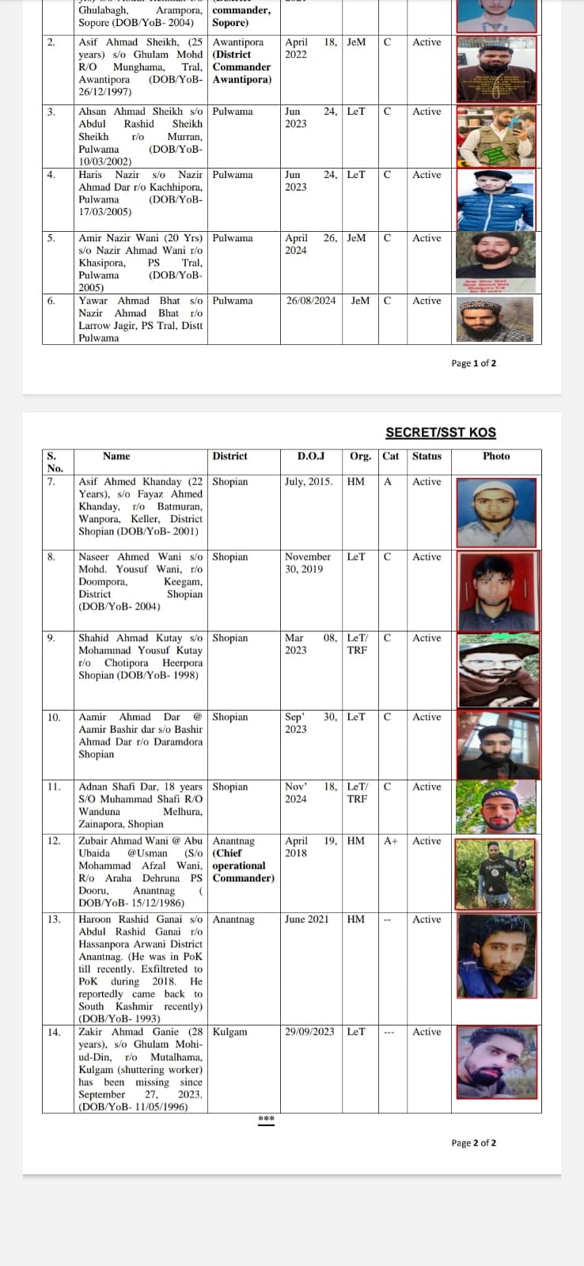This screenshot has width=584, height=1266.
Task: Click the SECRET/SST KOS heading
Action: [441, 432]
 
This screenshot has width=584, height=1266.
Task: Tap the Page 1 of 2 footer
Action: [474, 363]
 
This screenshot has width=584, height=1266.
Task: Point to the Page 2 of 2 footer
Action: [474, 1143]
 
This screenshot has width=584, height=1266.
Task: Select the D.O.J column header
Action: [311, 457]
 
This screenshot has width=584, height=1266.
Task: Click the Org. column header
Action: [360, 457]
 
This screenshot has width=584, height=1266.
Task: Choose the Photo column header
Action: [496, 457]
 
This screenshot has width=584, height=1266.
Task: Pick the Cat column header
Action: [391, 457]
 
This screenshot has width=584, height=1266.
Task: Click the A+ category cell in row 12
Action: [391, 841]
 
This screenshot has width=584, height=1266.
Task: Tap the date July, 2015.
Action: [309, 482]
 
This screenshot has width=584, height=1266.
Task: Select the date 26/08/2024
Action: [311, 301]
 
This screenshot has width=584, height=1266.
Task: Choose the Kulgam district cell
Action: [229, 1032]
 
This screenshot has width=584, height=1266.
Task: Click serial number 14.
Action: [54, 1032]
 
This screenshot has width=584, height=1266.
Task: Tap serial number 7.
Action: [51, 482]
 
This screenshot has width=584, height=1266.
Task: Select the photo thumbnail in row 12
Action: [496, 874]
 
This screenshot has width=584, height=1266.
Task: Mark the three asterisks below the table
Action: [267, 1119]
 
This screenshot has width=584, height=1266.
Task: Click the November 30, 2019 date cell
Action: [308, 563]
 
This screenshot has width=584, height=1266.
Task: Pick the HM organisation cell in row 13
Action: [356, 919]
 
